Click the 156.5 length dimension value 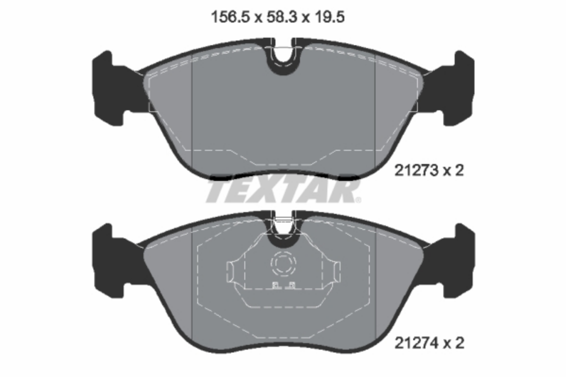pyautogui.click(x=230, y=17)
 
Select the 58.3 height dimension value pyautogui.click(x=282, y=17)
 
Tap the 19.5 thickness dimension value pyautogui.click(x=330, y=17)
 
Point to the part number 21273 pyautogui.click(x=416, y=171)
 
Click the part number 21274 pyautogui.click(x=416, y=343)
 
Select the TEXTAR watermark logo pyautogui.click(x=283, y=191)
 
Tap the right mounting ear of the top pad pyautogui.click(x=450, y=89)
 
